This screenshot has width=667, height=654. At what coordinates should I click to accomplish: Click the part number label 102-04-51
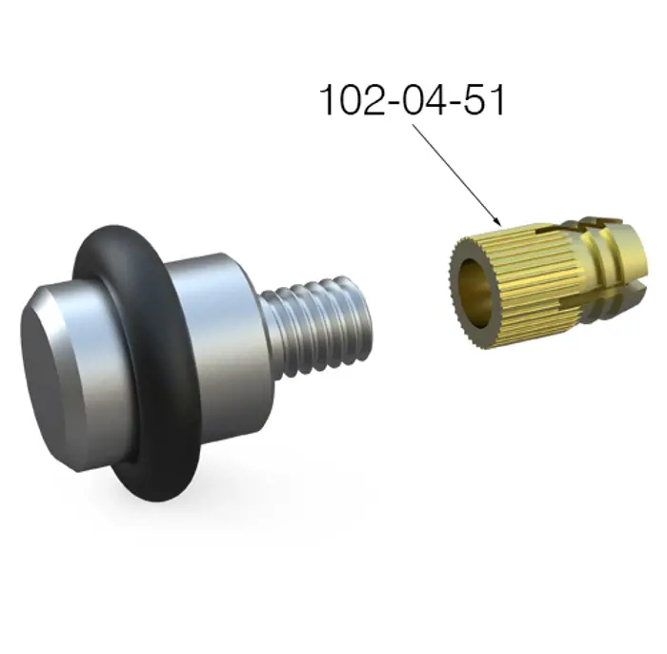point(413,100)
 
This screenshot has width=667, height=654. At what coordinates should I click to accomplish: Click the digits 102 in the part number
point(351,100)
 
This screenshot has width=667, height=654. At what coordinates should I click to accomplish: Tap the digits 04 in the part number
point(420,100)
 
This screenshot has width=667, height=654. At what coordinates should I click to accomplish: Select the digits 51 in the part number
point(483,100)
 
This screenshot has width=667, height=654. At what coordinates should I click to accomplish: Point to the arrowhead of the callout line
point(498,222)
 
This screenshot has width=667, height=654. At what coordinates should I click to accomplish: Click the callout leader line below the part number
point(457,174)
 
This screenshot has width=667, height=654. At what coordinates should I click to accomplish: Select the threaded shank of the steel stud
point(317,325)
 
